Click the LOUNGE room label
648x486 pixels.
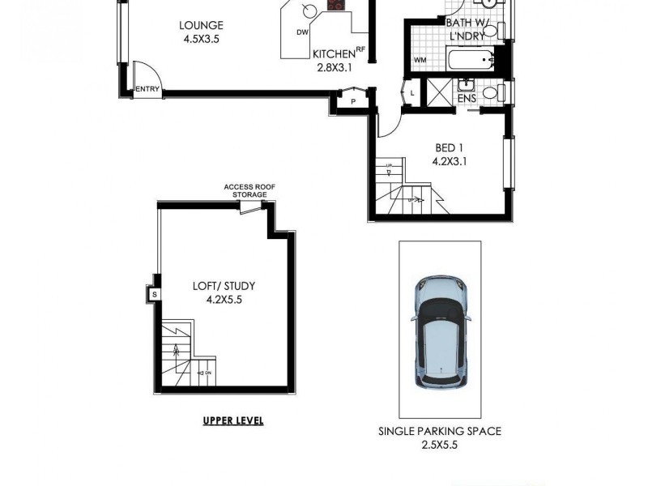coord(201,26)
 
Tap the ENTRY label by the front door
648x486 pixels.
coord(147,89)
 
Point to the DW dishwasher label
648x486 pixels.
coord(302,32)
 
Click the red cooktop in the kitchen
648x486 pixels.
coord(335,5)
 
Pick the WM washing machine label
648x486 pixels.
coord(420,60)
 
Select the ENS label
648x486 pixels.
coord(467,99)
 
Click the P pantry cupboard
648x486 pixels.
coord(353,100)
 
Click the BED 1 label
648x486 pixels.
coord(450,147)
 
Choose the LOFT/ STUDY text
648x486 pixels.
coord(224,286)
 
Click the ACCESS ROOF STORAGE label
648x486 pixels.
coord(249,190)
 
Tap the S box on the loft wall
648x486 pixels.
coord(154,295)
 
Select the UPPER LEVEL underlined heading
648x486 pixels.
coord(232,420)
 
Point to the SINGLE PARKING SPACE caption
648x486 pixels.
coord(439,431)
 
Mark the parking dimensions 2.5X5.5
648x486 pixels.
coord(439,445)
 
